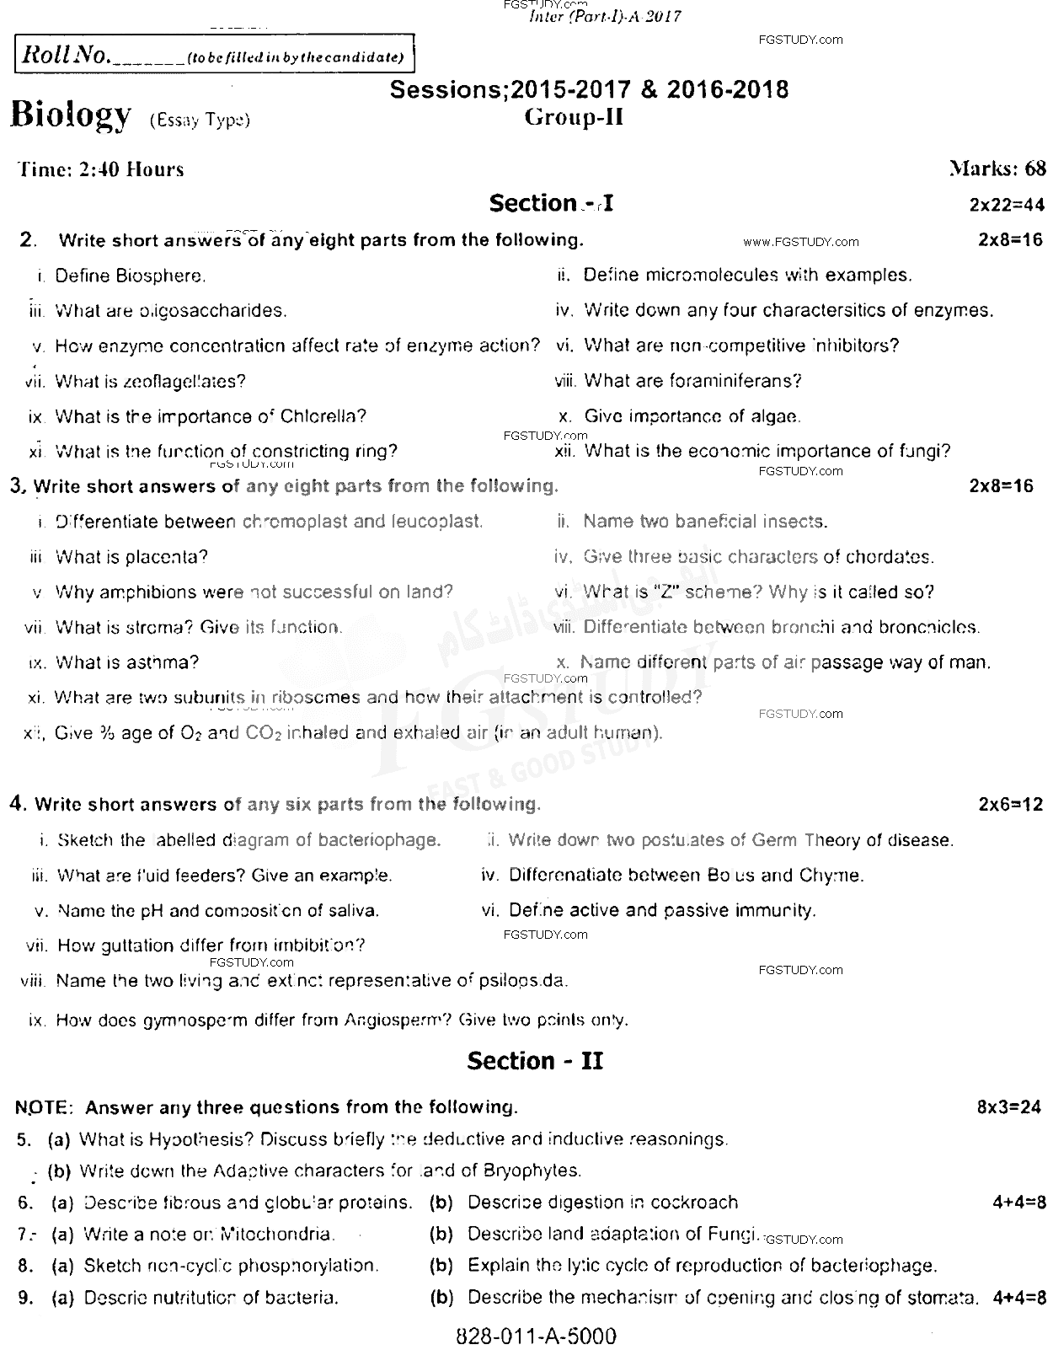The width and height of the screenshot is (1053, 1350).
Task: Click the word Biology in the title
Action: coord(71,115)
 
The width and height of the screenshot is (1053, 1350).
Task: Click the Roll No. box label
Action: coord(66,56)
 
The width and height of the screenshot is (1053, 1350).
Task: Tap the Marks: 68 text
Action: coord(997,169)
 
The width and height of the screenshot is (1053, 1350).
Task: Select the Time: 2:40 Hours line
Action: coord(101,169)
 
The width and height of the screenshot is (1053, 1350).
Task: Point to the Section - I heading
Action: coord(551,203)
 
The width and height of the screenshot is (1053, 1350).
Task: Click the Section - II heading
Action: coord(535,1061)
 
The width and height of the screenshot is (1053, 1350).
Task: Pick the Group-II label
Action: coord(574,117)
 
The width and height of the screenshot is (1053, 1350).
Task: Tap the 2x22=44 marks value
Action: coord(1007,204)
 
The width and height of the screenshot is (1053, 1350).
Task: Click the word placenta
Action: coord(167,557)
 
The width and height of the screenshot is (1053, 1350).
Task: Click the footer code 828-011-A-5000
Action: coord(536,1336)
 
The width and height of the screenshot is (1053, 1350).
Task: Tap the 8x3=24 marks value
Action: coord(1009,1107)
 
